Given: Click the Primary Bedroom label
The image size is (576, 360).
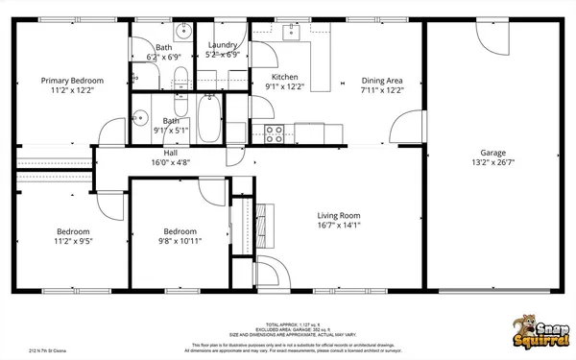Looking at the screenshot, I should pyautogui.click(x=72, y=81).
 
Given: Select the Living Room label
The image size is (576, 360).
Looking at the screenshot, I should pyautogui.click(x=338, y=215).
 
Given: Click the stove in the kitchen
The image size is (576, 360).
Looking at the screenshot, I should pyautogui.click(x=273, y=132).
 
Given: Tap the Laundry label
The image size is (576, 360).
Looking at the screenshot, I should pyautogui.click(x=223, y=45).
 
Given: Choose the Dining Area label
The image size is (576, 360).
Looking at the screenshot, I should pyautogui.click(x=382, y=81).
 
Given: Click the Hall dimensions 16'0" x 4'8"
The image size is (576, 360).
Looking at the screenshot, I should pyautogui.click(x=170, y=163).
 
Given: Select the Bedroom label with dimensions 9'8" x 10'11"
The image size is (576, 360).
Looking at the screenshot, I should pyautogui.click(x=180, y=231).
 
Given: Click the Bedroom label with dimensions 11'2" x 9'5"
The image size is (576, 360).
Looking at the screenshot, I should pyautogui.click(x=73, y=231).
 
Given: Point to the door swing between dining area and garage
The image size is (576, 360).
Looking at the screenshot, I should pyautogui.click(x=411, y=125).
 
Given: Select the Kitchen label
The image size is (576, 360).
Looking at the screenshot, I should pyautogui.click(x=286, y=77).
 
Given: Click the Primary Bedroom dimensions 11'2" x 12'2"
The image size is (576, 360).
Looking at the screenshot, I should pyautogui.click(x=72, y=91).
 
